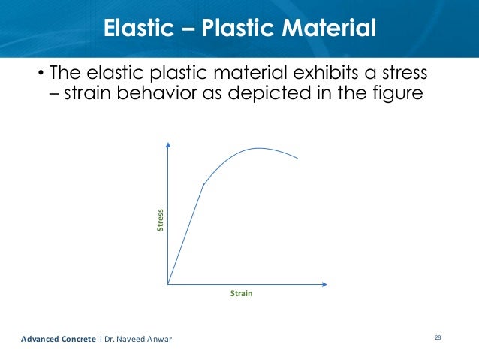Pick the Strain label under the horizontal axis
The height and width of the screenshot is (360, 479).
point(241,294)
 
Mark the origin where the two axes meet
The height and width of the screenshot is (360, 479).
point(168,284)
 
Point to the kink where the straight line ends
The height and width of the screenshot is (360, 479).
point(203,184)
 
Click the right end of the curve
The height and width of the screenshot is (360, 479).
point(299,158)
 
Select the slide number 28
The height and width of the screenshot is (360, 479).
point(438,339)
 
